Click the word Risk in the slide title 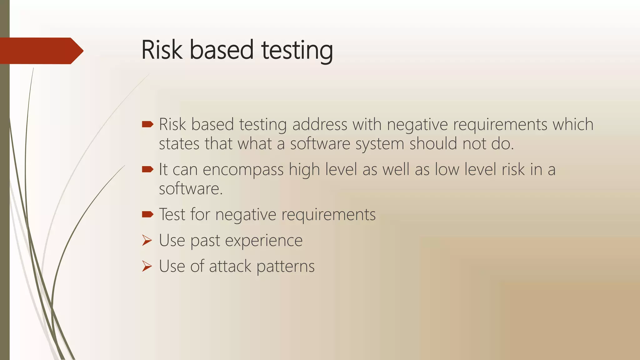tap(162, 50)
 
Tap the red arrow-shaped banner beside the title tap(41, 51)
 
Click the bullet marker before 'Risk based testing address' tap(147, 125)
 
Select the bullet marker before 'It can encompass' tap(147, 170)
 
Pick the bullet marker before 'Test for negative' tap(147, 214)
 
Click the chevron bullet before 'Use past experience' tap(147, 240)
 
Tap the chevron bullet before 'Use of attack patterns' tap(147, 266)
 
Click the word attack tap(230, 266)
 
